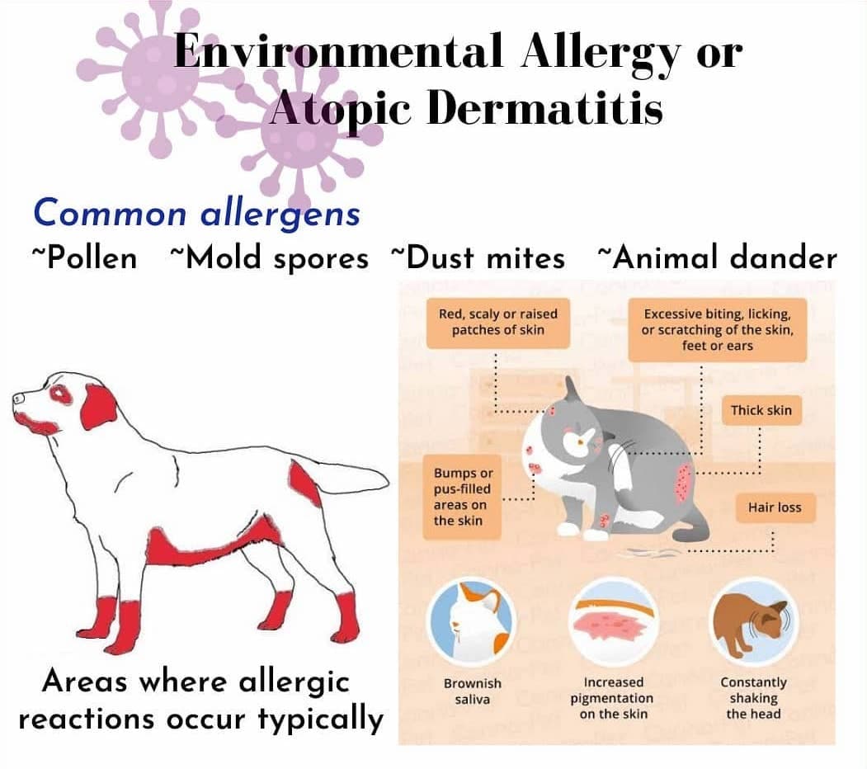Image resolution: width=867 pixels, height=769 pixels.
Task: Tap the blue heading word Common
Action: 110,212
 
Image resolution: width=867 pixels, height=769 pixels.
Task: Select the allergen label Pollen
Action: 85,257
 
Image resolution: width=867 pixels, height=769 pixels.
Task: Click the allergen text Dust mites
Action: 478,257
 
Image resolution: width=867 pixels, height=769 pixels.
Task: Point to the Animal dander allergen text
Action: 718,257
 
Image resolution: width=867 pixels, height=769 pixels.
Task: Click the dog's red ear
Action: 100,407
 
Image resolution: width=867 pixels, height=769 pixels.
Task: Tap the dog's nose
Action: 17,398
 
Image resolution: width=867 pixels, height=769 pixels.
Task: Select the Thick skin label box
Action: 761,410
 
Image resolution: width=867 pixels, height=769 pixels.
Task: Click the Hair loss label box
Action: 775,507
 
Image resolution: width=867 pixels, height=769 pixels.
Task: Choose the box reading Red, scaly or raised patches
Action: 498,323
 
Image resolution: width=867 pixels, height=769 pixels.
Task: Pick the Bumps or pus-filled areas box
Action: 462,497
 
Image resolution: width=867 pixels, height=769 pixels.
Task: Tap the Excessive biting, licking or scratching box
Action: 717,330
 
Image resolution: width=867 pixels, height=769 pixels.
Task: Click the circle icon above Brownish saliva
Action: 472,622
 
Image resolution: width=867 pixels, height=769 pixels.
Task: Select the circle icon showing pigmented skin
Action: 613,622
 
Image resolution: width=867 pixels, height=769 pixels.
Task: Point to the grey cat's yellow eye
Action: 580,442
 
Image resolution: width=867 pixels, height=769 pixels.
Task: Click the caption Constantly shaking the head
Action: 753,698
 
